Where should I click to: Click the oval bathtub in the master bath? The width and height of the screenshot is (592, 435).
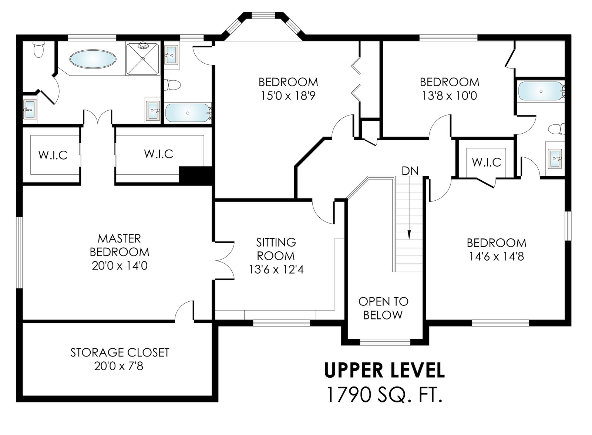(x=93, y=59)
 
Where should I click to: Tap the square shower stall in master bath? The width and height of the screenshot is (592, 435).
(x=143, y=59)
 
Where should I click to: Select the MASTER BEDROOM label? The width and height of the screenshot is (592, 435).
(x=120, y=245)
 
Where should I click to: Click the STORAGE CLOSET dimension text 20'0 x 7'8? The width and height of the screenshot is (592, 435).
(x=119, y=366)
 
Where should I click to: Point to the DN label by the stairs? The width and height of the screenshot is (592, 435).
(x=410, y=171)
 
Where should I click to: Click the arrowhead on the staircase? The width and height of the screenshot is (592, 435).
(x=409, y=235)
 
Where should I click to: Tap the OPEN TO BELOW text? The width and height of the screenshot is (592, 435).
(x=383, y=308)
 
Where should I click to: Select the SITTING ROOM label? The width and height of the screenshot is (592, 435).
(x=276, y=249)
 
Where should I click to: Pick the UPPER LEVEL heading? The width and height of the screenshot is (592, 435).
(x=384, y=370)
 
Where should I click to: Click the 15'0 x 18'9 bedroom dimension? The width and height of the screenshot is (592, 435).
(x=288, y=96)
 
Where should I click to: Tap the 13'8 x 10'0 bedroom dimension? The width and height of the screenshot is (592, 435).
(x=450, y=96)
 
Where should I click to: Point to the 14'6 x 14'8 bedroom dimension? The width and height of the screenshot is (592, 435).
(x=496, y=256)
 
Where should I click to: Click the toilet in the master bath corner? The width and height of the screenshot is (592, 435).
(x=38, y=50)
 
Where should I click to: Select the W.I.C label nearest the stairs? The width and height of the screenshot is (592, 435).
(x=487, y=162)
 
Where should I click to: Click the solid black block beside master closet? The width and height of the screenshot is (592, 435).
(x=196, y=175)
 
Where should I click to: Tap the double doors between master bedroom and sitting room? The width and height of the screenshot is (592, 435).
(x=225, y=261)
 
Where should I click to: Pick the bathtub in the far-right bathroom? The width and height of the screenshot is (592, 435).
(x=541, y=91)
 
